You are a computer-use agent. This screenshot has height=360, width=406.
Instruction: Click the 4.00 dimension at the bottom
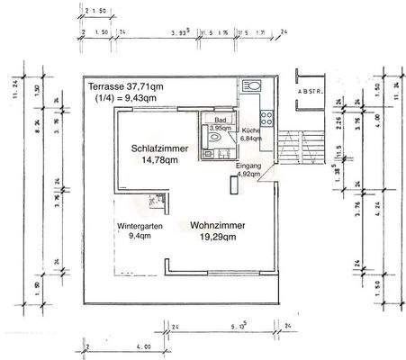coord(117,346)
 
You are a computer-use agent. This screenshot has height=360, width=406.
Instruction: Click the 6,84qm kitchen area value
coord(251,139)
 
